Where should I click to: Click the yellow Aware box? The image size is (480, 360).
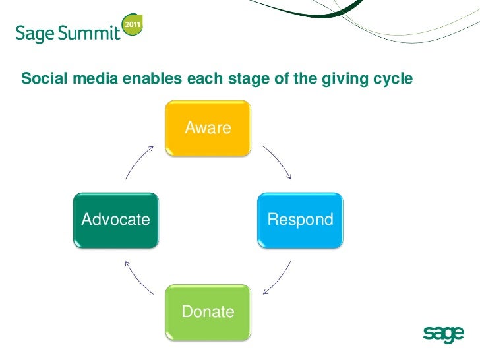click(208, 129)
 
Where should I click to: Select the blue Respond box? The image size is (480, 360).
click(300, 220)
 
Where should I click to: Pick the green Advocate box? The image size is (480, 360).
click(115, 220)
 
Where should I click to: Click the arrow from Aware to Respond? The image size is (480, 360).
click(278, 162)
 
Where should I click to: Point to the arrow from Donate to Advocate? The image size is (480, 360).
click(138, 278)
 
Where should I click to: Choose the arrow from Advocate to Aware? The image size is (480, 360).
click(138, 162)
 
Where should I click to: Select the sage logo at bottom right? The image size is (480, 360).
click(443, 335)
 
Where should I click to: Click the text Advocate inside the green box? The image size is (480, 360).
click(115, 220)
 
